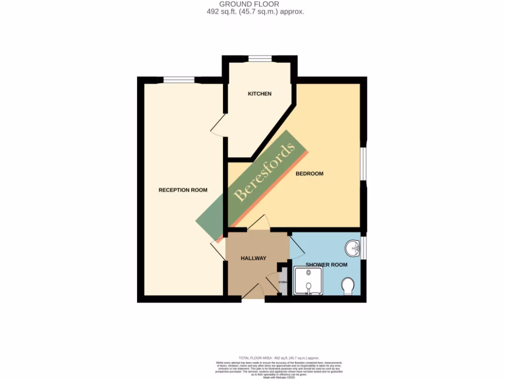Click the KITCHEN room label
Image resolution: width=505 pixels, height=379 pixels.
(x=259, y=94)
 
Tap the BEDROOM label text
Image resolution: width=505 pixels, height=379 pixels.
(x=309, y=174)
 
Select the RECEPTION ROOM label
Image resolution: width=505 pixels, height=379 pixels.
(x=182, y=190)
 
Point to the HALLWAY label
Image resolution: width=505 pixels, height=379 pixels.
(x=253, y=258)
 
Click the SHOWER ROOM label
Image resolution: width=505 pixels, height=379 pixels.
(x=326, y=265)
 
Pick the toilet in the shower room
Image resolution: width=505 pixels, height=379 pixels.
(x=348, y=285)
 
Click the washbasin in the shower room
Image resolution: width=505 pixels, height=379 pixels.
(x=353, y=248)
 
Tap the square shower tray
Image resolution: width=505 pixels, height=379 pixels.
(x=308, y=281)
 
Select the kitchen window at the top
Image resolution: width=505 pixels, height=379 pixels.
(x=260, y=59)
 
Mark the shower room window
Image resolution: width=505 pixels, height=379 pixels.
(x=363, y=248)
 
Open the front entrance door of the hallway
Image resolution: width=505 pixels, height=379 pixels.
(x=253, y=292)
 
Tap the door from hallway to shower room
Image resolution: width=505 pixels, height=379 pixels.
(x=297, y=245)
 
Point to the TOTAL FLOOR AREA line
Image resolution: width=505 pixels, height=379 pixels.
(x=279, y=357)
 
